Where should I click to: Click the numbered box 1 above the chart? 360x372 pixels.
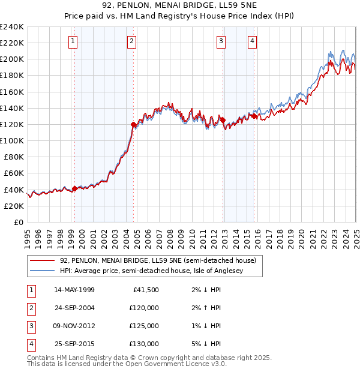click(x=73, y=41)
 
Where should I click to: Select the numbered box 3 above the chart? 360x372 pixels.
click(x=221, y=41)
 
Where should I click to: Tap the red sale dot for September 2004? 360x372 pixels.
click(x=134, y=124)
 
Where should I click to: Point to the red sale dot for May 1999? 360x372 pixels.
click(x=74, y=188)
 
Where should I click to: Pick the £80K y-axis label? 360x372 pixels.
click(x=14, y=157)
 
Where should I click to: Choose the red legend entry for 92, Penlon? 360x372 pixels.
click(x=158, y=260)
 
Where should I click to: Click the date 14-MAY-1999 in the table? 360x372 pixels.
click(x=74, y=290)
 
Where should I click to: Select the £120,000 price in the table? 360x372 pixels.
click(x=144, y=308)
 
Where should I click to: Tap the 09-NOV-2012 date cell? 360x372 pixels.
click(x=74, y=326)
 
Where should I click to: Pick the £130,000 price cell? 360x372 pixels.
click(x=144, y=344)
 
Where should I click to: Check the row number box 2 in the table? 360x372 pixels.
click(x=31, y=308)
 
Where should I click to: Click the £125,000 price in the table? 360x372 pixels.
click(x=144, y=326)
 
